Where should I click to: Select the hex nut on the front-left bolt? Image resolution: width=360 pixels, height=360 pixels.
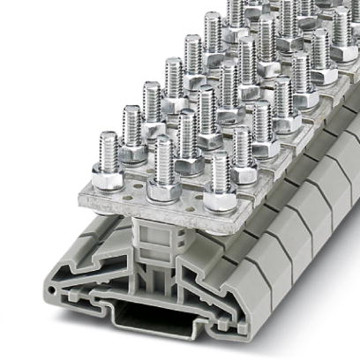click(x=108, y=180)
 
